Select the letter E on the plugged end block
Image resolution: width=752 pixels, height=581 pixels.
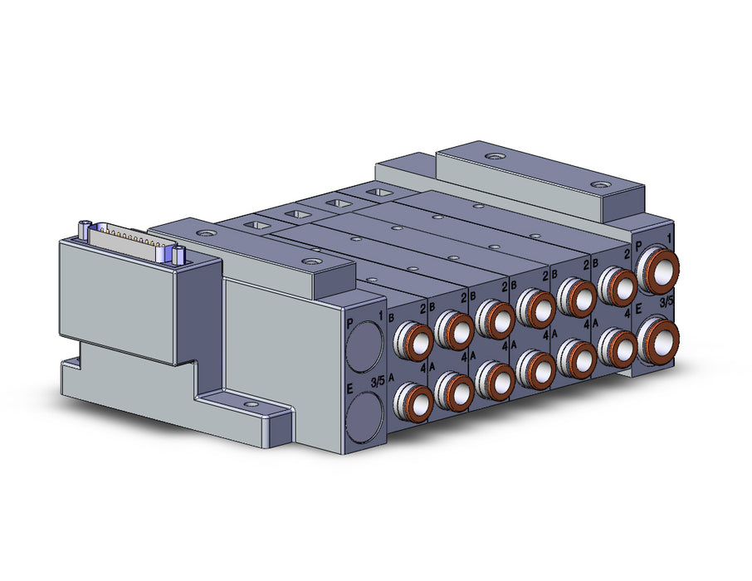pos(350,388)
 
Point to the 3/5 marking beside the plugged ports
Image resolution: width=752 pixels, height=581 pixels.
pos(378,382)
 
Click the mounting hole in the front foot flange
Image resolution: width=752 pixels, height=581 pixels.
pos(250,404)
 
